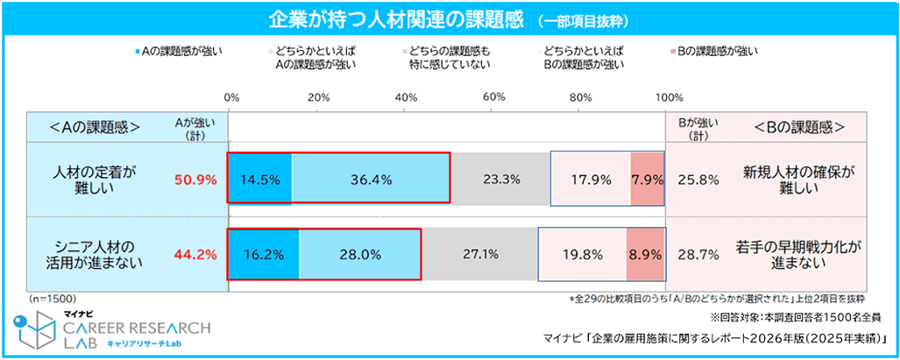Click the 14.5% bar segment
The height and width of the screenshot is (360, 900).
pos(259,179)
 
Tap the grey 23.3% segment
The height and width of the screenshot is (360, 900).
pos(500,179)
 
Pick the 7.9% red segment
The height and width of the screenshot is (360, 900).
pos(648,179)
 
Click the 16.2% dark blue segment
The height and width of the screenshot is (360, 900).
pos(264,254)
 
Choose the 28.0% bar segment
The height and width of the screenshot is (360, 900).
pos(359,254)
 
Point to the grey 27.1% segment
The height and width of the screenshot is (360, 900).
pos(479,254)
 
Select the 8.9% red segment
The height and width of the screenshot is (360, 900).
pos(645,254)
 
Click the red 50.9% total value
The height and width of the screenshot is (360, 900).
pos(195,180)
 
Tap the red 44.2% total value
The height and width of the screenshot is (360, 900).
pos(195,255)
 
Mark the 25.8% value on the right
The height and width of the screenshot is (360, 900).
pos(698,180)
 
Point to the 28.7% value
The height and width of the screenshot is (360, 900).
pos(698,255)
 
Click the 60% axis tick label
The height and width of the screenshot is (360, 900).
pos(493,96)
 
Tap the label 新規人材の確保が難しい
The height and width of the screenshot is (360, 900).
pos(797,180)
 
